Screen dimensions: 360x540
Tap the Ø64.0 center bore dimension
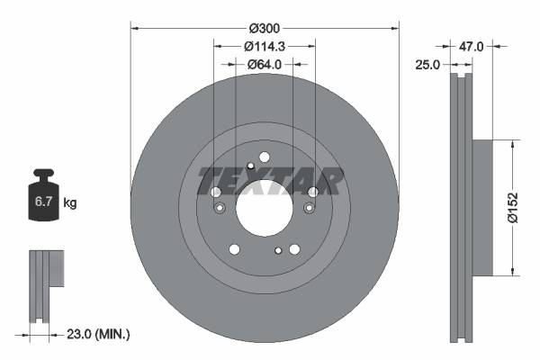265,64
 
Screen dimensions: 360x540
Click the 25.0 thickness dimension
428,65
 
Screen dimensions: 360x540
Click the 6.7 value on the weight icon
43,203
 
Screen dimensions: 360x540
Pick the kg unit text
69,203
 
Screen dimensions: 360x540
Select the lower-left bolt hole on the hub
234,249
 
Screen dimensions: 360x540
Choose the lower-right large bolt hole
294,249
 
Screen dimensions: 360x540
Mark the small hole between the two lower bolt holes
279,250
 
